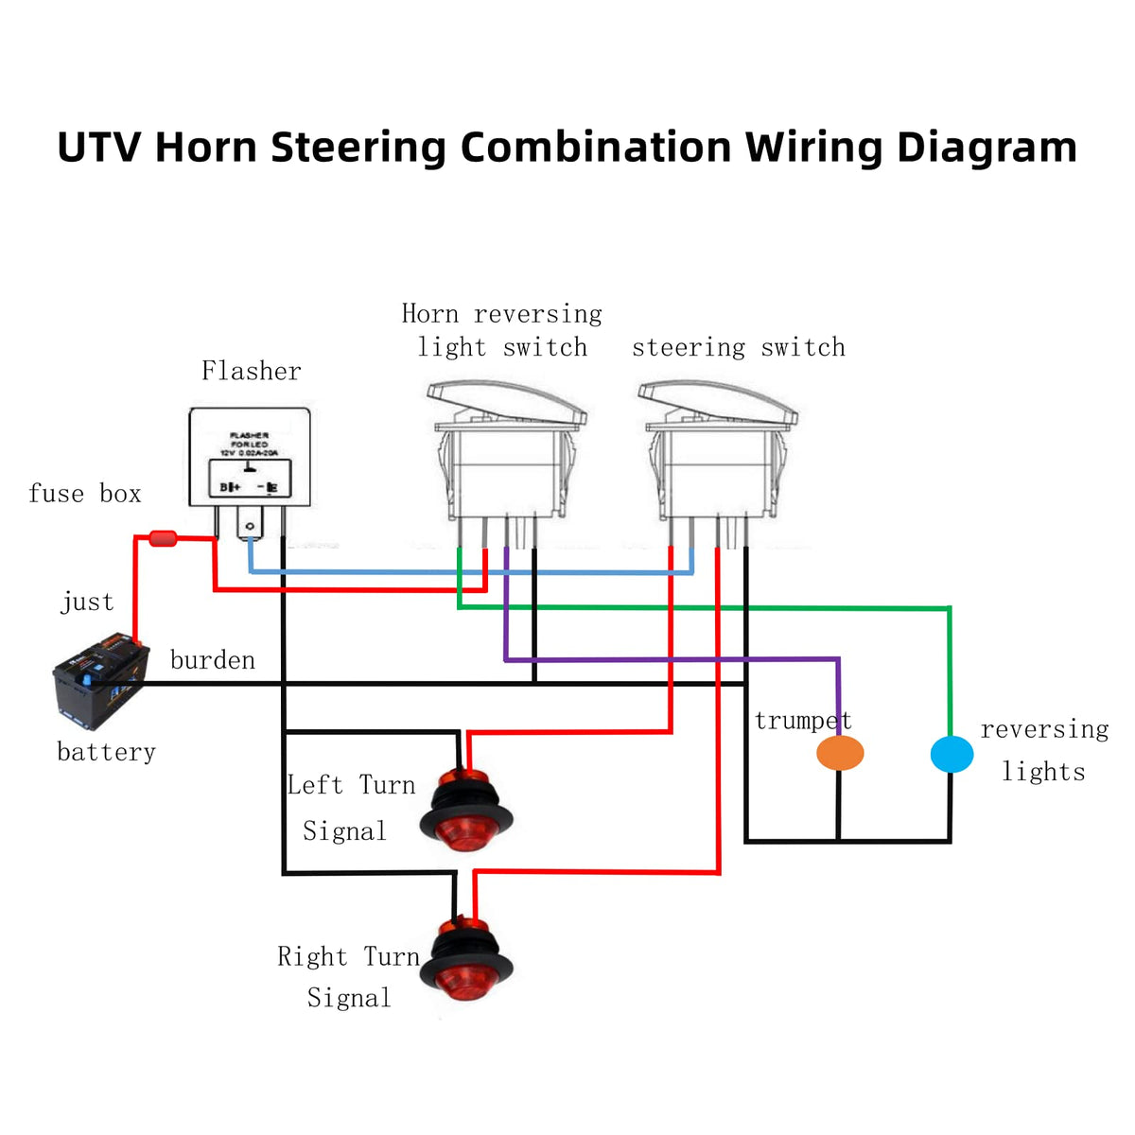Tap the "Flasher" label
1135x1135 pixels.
[x=251, y=371]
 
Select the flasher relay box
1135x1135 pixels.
[x=250, y=458]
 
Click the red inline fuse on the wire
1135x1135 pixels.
[x=164, y=539]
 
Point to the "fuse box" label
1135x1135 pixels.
[x=85, y=494]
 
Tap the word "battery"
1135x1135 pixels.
[x=106, y=752]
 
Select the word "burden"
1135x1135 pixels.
[x=213, y=660]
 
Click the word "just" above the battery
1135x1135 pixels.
[x=87, y=602]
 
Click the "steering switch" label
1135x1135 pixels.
[x=738, y=348]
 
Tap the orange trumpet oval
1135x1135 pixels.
[x=840, y=753]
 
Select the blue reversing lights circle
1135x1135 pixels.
[x=952, y=754]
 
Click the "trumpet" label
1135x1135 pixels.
[x=803, y=721]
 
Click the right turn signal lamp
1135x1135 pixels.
[x=467, y=960]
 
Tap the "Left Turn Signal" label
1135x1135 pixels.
[x=350, y=808]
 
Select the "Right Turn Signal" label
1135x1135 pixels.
[x=348, y=977]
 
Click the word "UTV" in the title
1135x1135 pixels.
[x=99, y=148]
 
